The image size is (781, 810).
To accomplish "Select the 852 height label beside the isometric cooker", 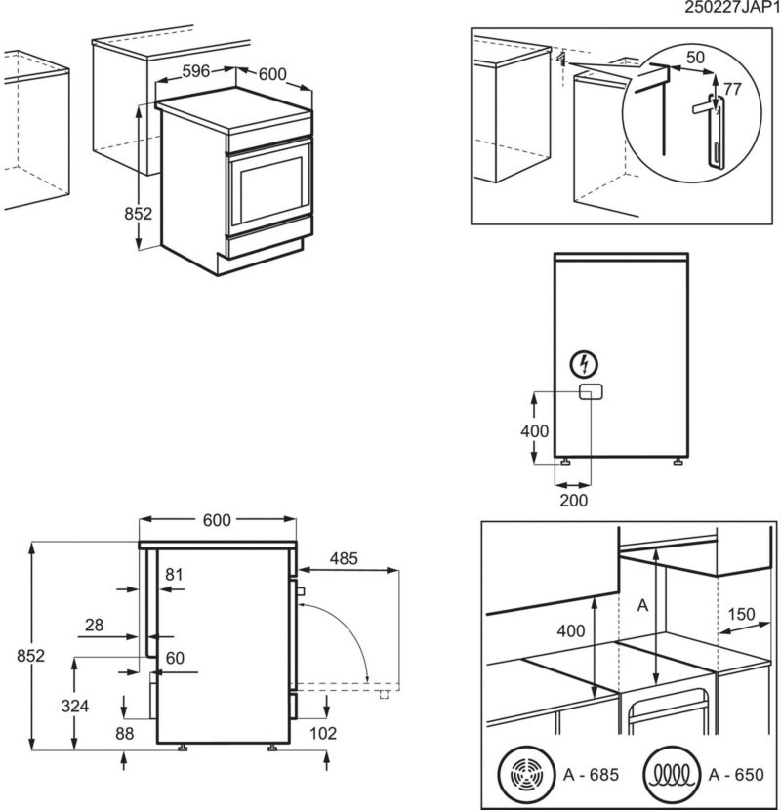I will coord(140,214).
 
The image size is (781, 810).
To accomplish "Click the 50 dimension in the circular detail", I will coord(694,58).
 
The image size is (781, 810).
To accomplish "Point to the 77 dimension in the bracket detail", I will coord(732,90).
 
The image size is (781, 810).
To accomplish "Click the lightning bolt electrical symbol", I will coord(583,365).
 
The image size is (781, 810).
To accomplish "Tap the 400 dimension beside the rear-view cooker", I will coord(533,430).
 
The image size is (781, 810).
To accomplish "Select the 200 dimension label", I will coord(575,500).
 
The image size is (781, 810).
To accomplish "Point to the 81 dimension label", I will coord(174,575).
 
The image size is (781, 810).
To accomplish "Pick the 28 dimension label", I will coord(94,625).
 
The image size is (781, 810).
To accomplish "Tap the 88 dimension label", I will coord(124,733).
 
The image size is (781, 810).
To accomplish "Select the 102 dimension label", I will coord(323,733).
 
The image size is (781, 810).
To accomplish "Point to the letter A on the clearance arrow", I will coord(641,605).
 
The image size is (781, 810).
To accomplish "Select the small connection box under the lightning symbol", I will coord(590,392).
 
